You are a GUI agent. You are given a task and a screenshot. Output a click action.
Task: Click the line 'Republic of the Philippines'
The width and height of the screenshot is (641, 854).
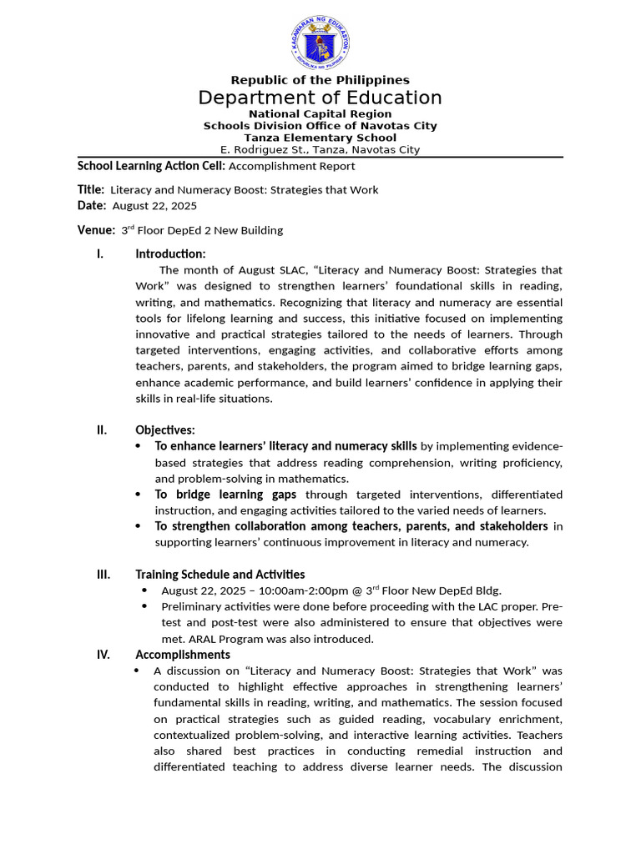320,80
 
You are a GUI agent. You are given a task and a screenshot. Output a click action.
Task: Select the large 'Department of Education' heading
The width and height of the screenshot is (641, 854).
320,98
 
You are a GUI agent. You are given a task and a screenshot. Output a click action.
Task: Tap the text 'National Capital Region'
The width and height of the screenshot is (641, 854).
320,113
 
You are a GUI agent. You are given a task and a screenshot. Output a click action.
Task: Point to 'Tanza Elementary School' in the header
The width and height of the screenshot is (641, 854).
320,138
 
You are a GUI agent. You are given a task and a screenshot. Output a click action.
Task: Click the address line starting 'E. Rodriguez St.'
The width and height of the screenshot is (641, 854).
320,150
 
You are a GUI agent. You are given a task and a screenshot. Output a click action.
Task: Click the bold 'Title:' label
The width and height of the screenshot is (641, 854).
91,189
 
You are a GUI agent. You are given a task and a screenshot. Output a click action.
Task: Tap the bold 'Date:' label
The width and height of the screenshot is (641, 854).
92,205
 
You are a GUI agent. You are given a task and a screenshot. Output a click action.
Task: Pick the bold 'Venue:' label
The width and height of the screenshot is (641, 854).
96,229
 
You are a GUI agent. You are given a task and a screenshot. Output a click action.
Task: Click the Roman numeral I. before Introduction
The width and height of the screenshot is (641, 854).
100,254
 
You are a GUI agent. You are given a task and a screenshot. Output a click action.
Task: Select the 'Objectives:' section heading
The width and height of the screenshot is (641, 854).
165,430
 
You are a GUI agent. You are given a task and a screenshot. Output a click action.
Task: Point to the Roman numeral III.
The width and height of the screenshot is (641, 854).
103,574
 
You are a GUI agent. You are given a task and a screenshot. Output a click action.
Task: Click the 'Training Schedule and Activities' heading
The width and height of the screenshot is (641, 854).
220,574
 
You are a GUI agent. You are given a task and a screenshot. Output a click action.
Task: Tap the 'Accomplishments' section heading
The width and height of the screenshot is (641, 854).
183,655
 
